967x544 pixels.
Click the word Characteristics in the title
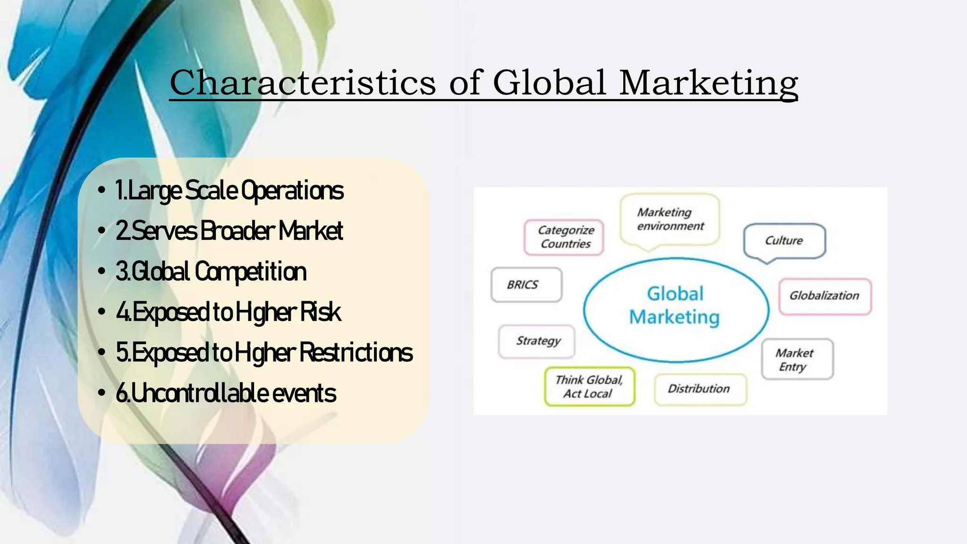[x=303, y=83]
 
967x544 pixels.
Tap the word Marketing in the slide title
[x=708, y=83]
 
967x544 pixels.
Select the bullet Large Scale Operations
[x=229, y=190]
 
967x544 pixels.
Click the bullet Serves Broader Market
[x=229, y=231]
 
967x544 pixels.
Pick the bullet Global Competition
[x=211, y=272]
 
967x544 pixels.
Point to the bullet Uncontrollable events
[x=226, y=393]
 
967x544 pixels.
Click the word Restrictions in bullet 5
[x=356, y=353]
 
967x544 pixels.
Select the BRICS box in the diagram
[x=526, y=285]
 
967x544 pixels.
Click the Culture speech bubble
[x=784, y=241]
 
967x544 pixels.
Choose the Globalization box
[x=824, y=296]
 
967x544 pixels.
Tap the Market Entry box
[x=797, y=359]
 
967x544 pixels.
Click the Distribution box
[x=699, y=389]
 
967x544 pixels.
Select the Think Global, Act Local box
[x=589, y=387]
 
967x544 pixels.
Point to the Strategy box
[x=537, y=341]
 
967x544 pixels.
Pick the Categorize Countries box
[x=565, y=237]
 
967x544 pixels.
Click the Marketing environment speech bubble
[x=670, y=219]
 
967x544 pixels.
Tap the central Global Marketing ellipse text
[x=675, y=306]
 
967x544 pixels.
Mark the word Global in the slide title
[x=550, y=83]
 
